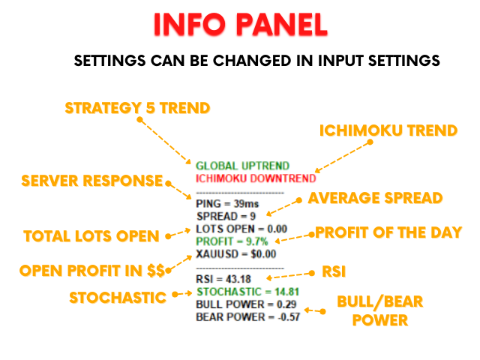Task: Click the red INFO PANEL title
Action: coord(241,25)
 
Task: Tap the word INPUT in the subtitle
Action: coord(340,61)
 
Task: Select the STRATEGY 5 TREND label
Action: coord(137,108)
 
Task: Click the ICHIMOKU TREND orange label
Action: coord(388,130)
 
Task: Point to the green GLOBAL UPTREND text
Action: coord(242,166)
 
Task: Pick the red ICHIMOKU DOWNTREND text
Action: coord(256,178)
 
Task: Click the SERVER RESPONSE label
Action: coord(91,181)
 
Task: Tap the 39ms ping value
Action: coord(247,204)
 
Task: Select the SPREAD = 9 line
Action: coord(226,217)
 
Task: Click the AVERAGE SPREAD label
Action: coord(375,198)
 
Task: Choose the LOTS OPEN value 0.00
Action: coord(277,229)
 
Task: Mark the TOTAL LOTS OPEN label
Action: coord(91,236)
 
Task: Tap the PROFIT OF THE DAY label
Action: coord(388,232)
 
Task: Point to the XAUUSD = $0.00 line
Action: coord(236,254)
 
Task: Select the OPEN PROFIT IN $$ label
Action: coord(92,271)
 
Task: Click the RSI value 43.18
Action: coord(238,279)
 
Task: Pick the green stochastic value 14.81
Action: coord(286,292)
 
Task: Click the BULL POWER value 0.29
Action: coord(286,304)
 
